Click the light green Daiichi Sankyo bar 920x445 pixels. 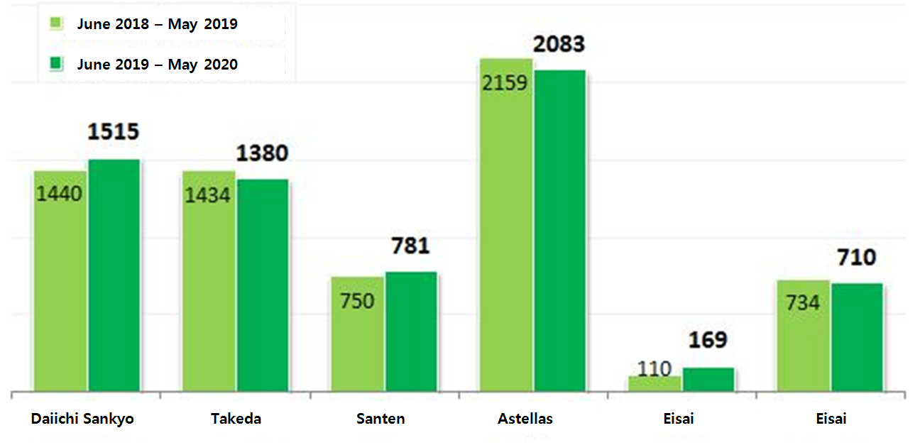pyautogui.click(x=60, y=284)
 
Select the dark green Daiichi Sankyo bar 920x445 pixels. pyautogui.click(x=114, y=277)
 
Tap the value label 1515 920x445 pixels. pyautogui.click(x=113, y=132)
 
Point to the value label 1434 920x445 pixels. pyautogui.click(x=208, y=194)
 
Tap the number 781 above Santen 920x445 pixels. pyautogui.click(x=410, y=246)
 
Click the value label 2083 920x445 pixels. pyautogui.click(x=559, y=44)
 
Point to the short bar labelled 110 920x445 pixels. pyautogui.click(x=655, y=383)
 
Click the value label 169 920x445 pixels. pyautogui.click(x=708, y=340)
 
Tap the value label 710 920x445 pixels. pyautogui.click(x=856, y=257)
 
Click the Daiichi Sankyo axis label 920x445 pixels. pyautogui.click(x=82, y=419)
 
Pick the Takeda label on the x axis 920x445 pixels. pyautogui.click(x=236, y=419)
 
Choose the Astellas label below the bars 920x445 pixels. pyautogui.click(x=525, y=419)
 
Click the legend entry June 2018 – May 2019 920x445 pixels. pyautogui.click(x=157, y=24)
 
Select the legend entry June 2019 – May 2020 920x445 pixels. pyautogui.click(x=157, y=65)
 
